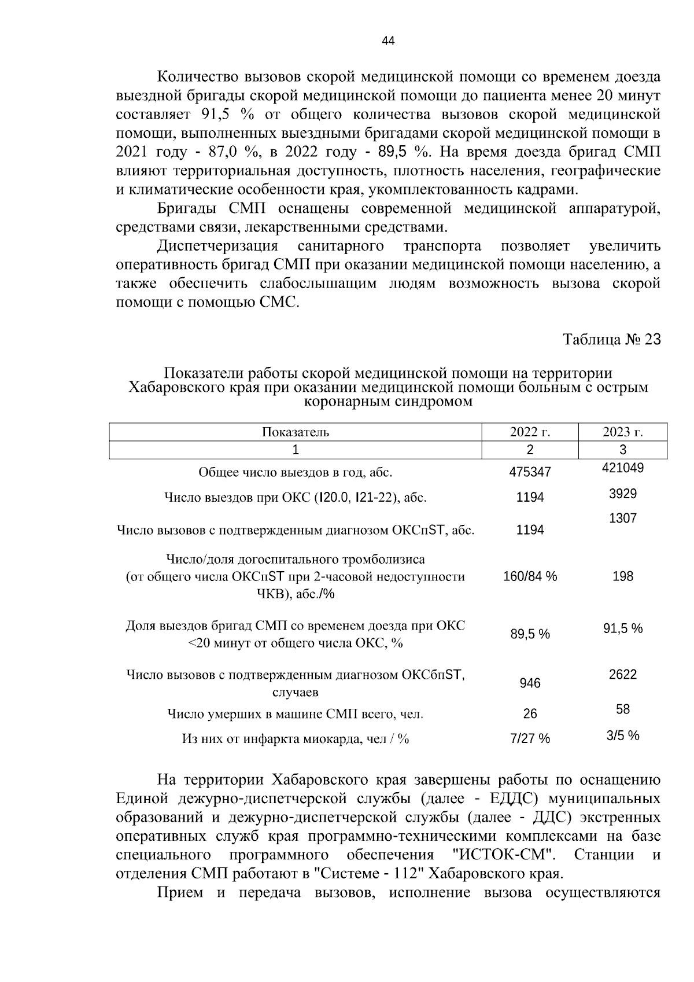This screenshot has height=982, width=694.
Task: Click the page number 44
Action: (x=388, y=41)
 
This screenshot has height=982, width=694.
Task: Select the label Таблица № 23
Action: (x=612, y=340)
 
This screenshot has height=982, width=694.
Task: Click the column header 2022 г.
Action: (x=530, y=432)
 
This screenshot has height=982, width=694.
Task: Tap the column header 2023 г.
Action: (x=623, y=432)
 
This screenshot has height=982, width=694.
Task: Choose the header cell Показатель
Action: (x=296, y=432)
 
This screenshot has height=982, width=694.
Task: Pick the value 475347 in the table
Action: (x=530, y=472)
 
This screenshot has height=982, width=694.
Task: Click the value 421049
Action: (x=623, y=468)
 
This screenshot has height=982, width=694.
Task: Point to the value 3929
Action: (x=623, y=494)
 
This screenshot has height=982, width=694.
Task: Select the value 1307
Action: (x=623, y=518)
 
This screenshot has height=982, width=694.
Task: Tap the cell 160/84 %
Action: (x=530, y=576)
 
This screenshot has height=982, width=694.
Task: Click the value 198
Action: (x=623, y=576)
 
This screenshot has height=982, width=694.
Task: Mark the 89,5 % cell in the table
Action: (x=530, y=634)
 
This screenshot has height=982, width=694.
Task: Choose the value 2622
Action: (x=623, y=674)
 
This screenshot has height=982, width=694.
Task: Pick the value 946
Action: (x=530, y=683)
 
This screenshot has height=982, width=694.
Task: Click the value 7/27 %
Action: (x=530, y=738)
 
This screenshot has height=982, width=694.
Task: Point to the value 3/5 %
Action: (x=623, y=735)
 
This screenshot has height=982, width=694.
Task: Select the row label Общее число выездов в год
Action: (x=296, y=472)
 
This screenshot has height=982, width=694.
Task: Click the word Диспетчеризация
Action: (x=217, y=246)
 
